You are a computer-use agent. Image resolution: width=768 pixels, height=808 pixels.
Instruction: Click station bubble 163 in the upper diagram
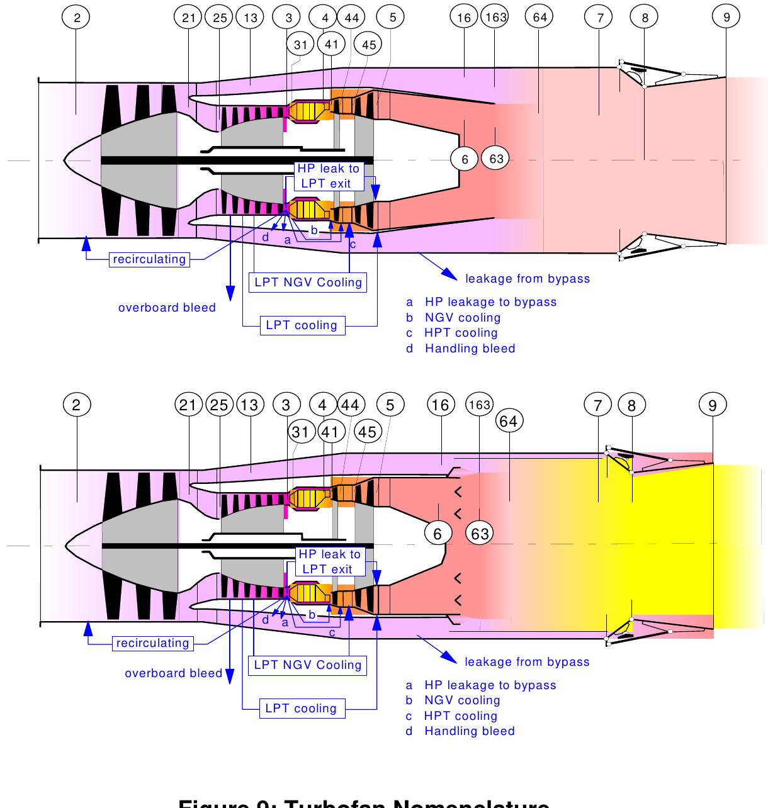pyautogui.click(x=495, y=18)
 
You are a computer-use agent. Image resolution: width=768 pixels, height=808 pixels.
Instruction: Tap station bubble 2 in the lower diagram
pyautogui.click(x=76, y=405)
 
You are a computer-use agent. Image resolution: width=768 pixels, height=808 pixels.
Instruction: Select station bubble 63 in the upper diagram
pyautogui.click(x=496, y=159)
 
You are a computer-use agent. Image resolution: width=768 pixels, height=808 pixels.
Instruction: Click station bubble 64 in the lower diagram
pyautogui.click(x=508, y=421)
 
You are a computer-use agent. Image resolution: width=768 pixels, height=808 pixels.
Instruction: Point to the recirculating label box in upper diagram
pyautogui.click(x=150, y=259)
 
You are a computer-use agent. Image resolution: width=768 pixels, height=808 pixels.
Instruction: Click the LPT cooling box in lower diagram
pyautogui.click(x=301, y=708)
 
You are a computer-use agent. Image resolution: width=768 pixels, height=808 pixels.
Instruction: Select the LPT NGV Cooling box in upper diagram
pyautogui.click(x=308, y=282)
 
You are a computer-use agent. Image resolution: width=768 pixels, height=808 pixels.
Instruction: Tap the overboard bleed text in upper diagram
pyautogui.click(x=167, y=308)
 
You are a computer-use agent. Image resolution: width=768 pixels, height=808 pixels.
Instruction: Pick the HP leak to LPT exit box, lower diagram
pyautogui.click(x=329, y=561)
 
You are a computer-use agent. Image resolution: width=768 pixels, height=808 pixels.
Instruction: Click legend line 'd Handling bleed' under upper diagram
pyautogui.click(x=461, y=348)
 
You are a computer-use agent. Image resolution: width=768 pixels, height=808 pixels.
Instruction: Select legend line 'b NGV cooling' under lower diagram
pyautogui.click(x=453, y=700)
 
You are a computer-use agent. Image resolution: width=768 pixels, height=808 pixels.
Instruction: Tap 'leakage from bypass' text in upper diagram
pyautogui.click(x=528, y=279)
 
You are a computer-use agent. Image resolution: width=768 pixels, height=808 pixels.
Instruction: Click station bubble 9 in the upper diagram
pyautogui.click(x=726, y=18)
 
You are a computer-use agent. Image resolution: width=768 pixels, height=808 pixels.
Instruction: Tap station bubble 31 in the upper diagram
pyautogui.click(x=300, y=44)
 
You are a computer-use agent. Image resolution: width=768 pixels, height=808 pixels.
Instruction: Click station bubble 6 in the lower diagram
pyautogui.click(x=438, y=534)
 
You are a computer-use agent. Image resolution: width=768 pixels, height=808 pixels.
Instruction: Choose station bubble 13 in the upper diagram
pyautogui.click(x=250, y=18)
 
